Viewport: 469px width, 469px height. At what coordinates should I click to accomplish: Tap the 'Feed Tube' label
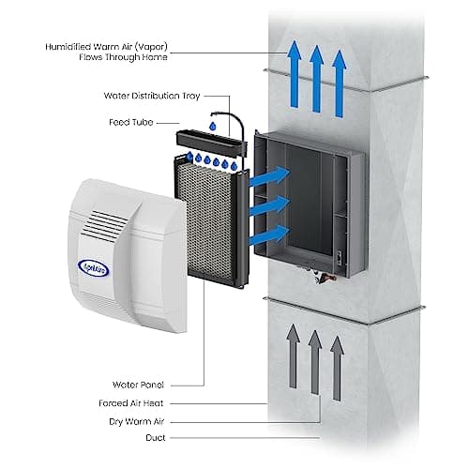tap(132, 122)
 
